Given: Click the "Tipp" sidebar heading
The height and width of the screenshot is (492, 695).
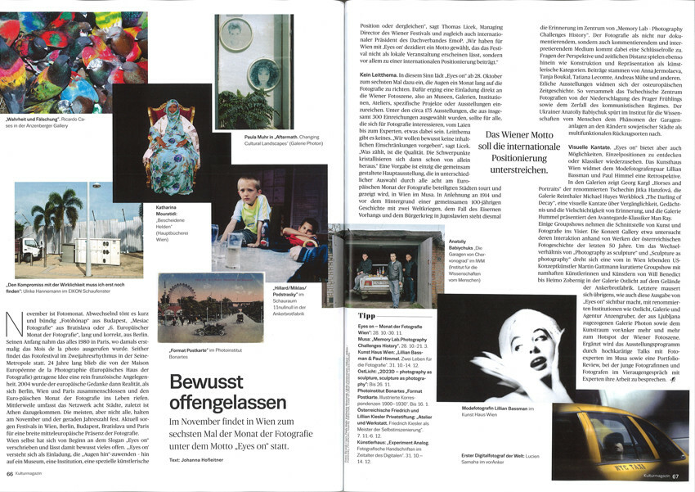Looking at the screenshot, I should click(x=367, y=314).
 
